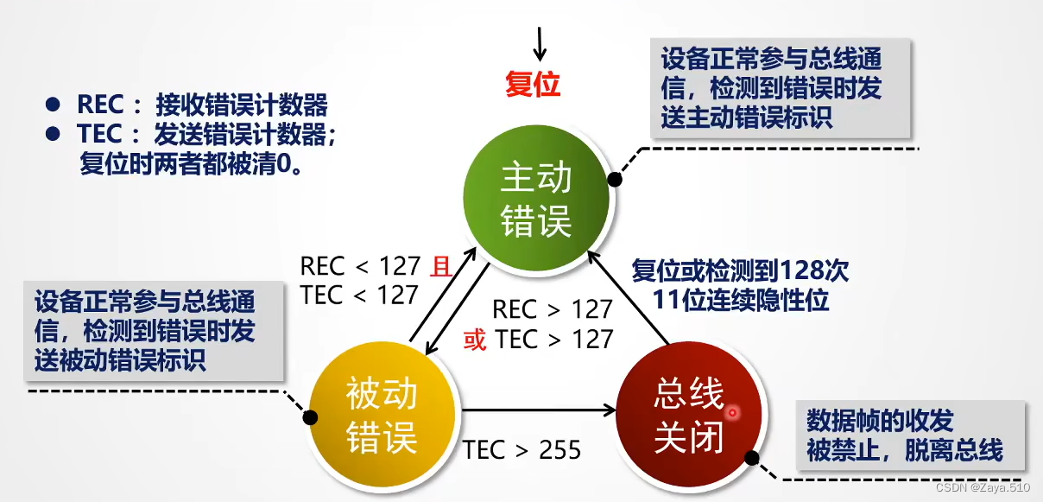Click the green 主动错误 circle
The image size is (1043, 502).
(536, 200)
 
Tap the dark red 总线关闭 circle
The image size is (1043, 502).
(688, 416)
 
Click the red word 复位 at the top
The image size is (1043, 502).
(533, 84)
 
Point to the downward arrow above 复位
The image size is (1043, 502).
(540, 41)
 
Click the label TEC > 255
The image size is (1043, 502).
(521, 449)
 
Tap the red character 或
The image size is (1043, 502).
(475, 339)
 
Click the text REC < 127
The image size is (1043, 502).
(360, 267)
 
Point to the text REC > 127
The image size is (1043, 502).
(552, 308)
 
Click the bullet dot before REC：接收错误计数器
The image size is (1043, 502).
(54, 105)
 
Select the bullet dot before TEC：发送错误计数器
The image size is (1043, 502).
(54, 134)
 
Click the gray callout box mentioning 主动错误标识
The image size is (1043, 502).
(781, 88)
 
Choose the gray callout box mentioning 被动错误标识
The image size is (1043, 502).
(154, 331)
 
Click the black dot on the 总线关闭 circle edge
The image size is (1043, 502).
(752, 459)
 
